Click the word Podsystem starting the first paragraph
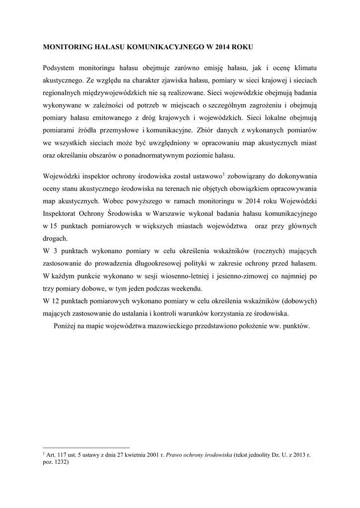pos(61,67)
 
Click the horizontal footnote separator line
pos(86,446)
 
